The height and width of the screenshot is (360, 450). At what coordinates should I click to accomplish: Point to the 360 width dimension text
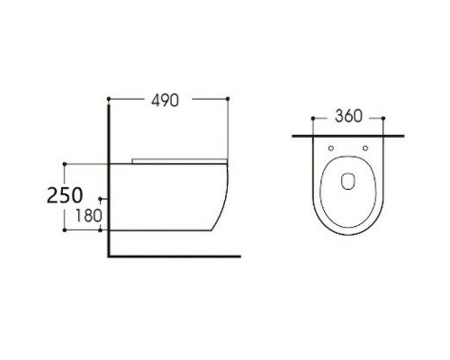click(347, 116)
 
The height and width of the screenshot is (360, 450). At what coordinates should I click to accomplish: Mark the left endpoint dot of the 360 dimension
click(311, 116)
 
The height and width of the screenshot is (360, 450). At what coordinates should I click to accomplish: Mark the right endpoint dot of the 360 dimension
click(384, 116)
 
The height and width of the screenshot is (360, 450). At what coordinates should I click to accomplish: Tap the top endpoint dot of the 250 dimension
click(65, 163)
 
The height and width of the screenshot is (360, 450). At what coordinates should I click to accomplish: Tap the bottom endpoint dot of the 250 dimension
click(65, 229)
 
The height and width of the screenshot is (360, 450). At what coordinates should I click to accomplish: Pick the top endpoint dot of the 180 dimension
click(102, 198)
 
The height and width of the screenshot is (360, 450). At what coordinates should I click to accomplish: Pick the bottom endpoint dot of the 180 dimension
click(102, 229)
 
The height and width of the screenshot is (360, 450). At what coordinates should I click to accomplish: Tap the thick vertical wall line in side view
click(108, 180)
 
